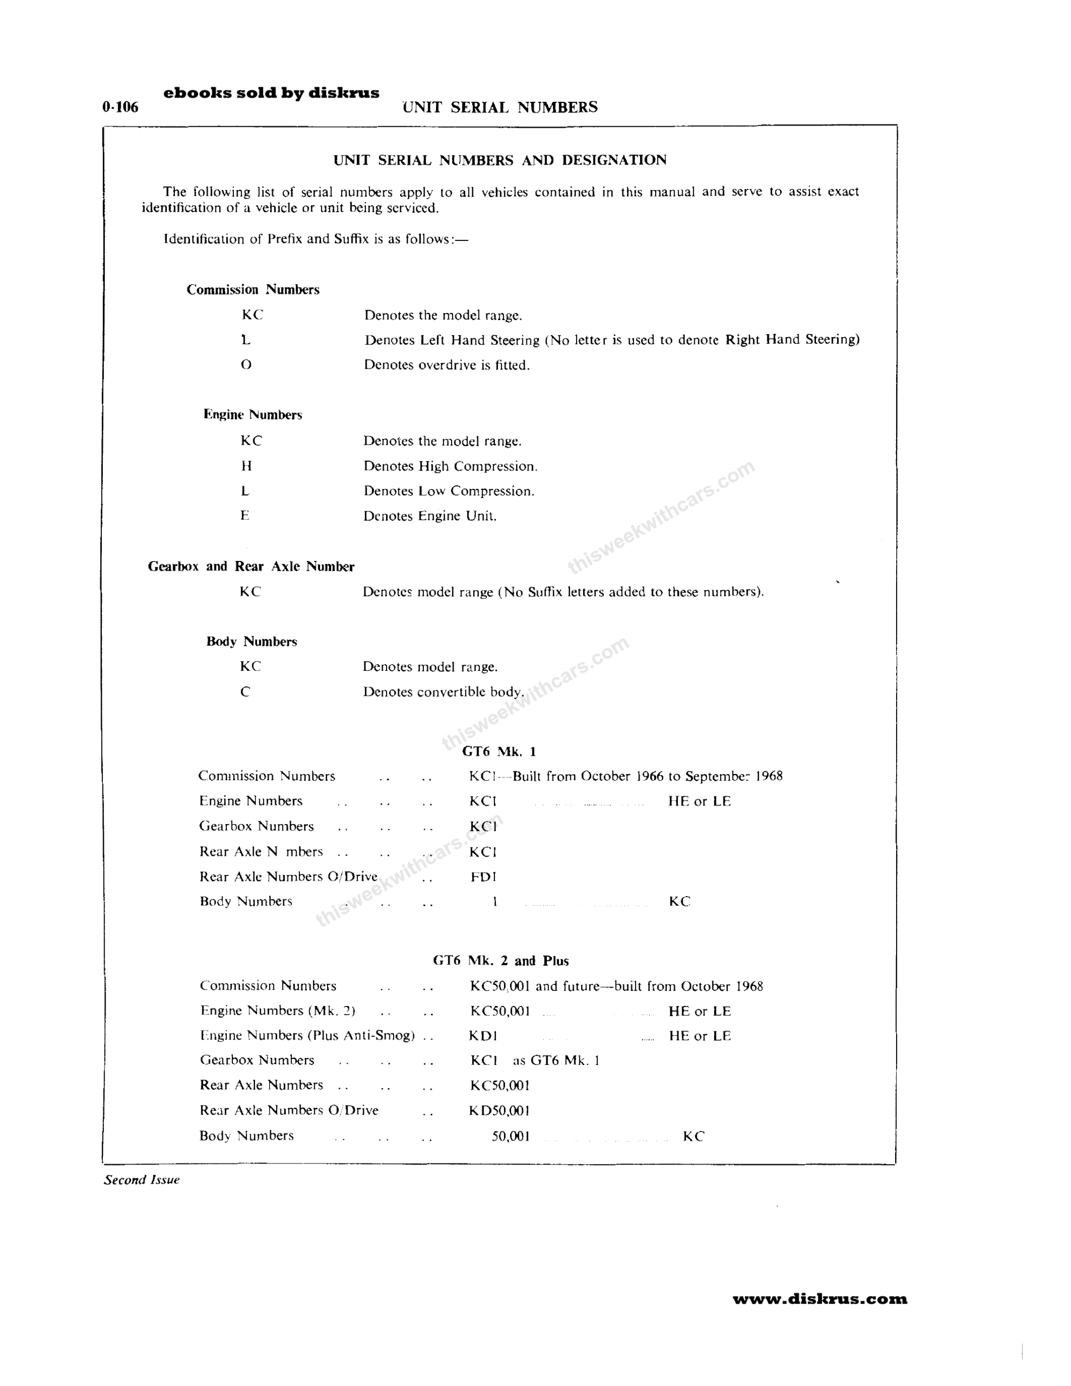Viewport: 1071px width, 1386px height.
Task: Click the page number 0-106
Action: pyautogui.click(x=120, y=107)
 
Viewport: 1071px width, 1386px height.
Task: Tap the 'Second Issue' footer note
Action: pyautogui.click(x=141, y=1180)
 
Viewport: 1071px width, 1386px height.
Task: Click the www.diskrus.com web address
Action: pyautogui.click(x=820, y=1299)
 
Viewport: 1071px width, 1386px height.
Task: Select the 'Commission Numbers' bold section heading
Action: pyautogui.click(x=253, y=290)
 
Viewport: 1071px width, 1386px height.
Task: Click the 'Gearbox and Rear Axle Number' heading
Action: pyautogui.click(x=251, y=566)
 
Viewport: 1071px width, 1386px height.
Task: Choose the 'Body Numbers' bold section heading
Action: pyautogui.click(x=251, y=641)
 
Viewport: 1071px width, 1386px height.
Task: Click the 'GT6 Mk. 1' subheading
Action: pyautogui.click(x=499, y=751)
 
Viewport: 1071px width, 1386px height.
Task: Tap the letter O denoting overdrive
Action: pyautogui.click(x=246, y=364)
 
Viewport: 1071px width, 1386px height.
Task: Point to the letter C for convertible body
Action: pyautogui.click(x=245, y=692)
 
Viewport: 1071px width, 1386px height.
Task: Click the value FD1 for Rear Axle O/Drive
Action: pyautogui.click(x=483, y=877)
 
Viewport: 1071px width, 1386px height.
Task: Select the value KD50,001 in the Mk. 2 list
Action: pyautogui.click(x=500, y=1110)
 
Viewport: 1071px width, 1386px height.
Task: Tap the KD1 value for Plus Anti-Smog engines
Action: pyautogui.click(x=483, y=1036)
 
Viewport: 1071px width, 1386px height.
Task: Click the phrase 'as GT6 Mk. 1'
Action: pyautogui.click(x=556, y=1060)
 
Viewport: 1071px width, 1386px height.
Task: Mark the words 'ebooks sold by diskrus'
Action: pyautogui.click(x=271, y=93)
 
